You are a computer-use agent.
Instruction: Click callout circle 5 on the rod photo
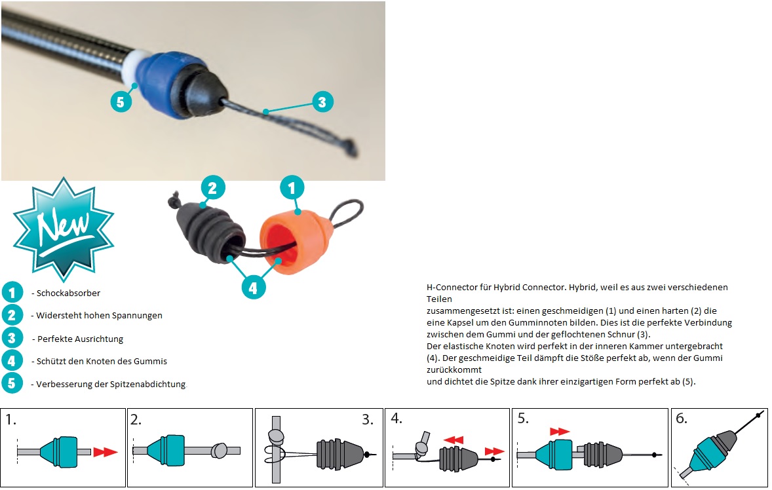[121, 102]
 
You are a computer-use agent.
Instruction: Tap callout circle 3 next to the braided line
[322, 102]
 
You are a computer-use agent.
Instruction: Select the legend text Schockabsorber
[68, 293]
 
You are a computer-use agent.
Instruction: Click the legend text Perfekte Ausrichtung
[80, 339]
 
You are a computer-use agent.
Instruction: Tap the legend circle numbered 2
[12, 315]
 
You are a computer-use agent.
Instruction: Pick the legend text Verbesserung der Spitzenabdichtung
[111, 384]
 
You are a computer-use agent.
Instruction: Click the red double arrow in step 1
[105, 451]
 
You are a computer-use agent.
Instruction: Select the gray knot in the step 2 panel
[218, 450]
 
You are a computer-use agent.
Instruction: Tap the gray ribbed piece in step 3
[338, 451]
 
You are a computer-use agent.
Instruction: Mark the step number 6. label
[682, 418]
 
